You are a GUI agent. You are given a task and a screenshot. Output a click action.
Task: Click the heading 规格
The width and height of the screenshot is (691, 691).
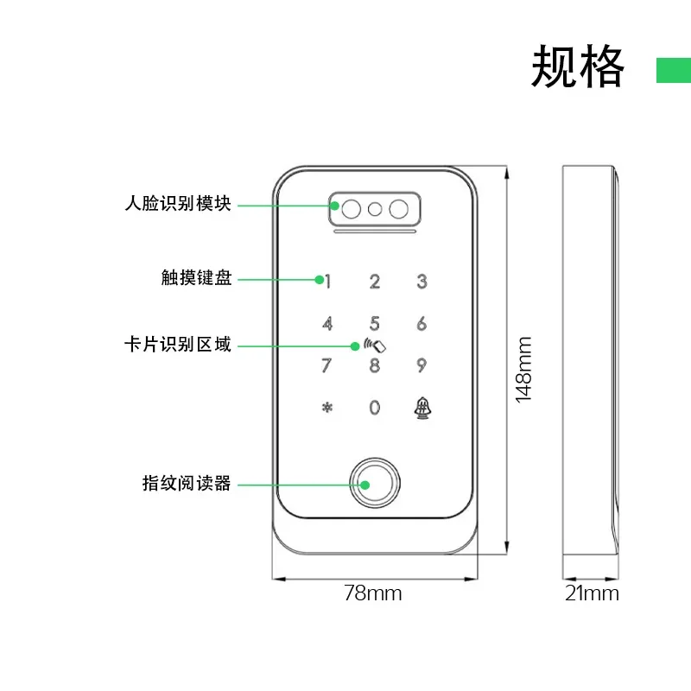pos(577,67)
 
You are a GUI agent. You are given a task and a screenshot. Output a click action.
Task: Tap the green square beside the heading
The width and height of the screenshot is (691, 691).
pos(673,71)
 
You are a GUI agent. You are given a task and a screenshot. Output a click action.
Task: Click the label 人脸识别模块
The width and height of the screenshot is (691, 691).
pos(178,205)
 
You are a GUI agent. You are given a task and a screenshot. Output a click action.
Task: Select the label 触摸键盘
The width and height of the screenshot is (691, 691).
pos(196,278)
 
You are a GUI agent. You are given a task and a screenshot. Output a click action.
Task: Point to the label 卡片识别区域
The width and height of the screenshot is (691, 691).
pos(178,345)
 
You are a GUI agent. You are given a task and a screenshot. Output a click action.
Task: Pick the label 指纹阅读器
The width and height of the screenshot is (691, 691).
pos(187,484)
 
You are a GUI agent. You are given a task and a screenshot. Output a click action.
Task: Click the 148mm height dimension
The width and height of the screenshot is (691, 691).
pos(523,369)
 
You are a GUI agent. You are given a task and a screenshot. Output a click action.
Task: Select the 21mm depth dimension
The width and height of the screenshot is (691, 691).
pos(592,593)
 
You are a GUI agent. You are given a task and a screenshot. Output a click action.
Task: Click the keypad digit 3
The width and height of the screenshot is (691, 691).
pos(422,281)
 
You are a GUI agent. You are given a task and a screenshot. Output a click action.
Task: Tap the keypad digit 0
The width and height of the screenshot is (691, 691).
pos(374,408)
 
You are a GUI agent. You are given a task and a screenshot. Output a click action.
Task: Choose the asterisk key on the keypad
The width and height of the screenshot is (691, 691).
pos(326,408)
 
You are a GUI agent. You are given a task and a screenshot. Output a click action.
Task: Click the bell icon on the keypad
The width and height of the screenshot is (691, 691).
pos(422,407)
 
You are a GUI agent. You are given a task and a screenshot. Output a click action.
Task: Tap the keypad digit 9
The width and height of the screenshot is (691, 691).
pos(422,365)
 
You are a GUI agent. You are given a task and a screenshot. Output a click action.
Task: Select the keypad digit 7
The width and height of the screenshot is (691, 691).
pos(326,365)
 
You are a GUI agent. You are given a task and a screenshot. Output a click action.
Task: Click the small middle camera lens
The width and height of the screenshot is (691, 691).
pos(375,209)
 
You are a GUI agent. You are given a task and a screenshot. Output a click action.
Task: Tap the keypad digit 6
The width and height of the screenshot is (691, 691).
pos(422,324)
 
